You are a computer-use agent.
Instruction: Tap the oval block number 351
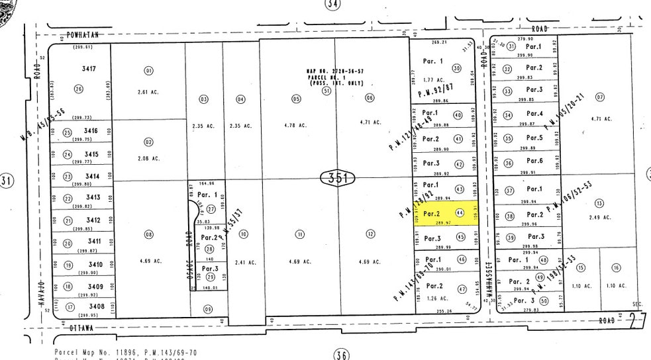point(338,177)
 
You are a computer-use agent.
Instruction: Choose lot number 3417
point(89,68)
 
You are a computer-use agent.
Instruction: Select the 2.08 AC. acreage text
point(148,158)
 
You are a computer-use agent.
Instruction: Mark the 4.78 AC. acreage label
point(296,124)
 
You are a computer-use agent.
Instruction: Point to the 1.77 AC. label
point(432,80)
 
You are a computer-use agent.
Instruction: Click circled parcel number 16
point(616,267)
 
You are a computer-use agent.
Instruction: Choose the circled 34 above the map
point(332,4)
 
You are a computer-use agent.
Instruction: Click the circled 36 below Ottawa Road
point(341,355)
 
